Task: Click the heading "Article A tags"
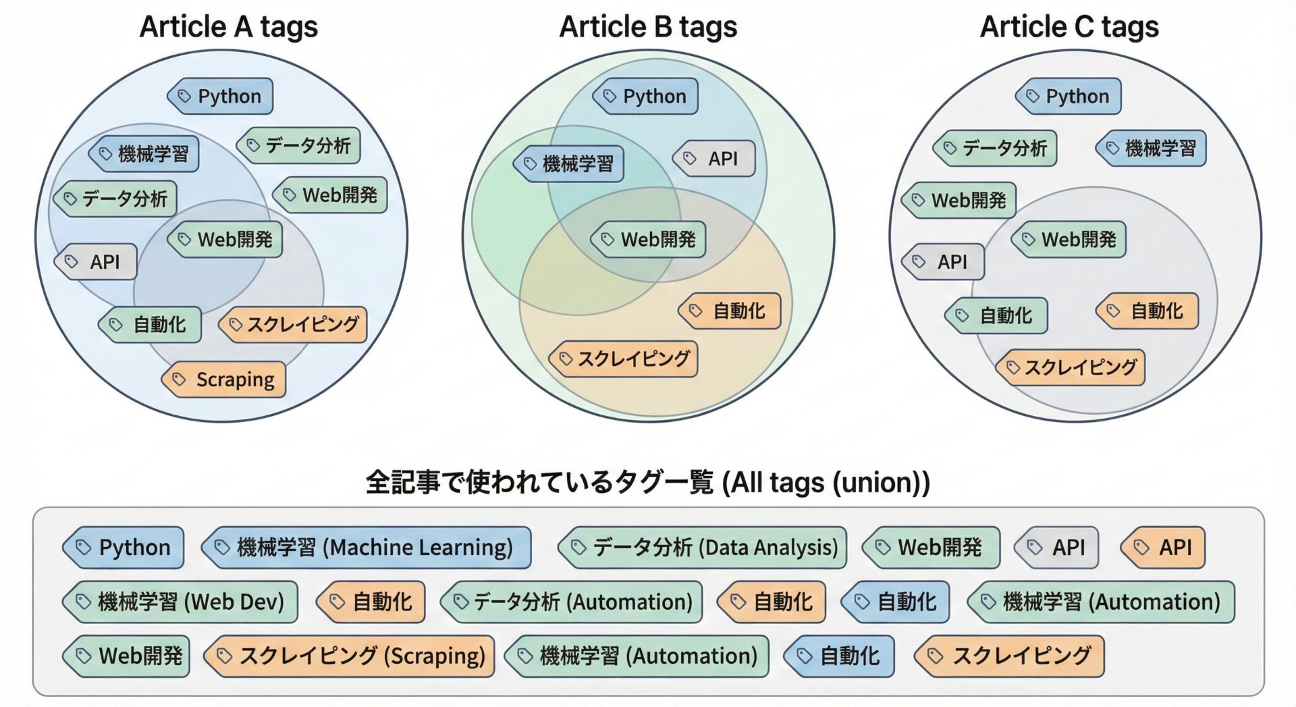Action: tap(228, 27)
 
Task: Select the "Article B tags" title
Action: tap(648, 27)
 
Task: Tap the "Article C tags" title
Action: tap(1069, 27)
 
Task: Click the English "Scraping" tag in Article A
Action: tap(224, 379)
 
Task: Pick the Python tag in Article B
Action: tap(645, 97)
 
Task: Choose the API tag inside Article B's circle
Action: tap(714, 159)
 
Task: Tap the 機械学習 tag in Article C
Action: tap(1151, 148)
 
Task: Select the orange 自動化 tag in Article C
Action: tap(1147, 311)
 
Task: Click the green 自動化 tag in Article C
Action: tap(997, 315)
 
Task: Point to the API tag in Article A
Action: tap(96, 262)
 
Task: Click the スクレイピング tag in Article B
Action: tap(624, 359)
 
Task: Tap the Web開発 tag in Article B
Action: tap(649, 240)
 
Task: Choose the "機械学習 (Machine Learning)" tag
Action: tap(367, 548)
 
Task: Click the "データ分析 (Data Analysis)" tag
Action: tap(703, 548)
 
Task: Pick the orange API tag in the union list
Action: tap(1163, 548)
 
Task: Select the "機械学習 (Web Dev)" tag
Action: tap(180, 602)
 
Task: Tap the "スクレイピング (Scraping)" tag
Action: tap(350, 656)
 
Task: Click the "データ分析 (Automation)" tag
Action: tap(572, 602)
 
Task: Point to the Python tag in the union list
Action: tap(124, 548)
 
